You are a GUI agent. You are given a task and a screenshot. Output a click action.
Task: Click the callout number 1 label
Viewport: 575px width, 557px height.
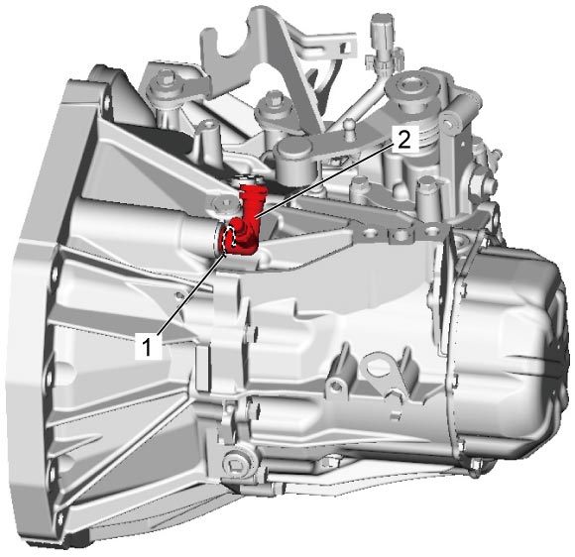click(148, 346)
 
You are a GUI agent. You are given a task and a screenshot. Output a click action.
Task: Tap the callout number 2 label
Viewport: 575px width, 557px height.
click(404, 139)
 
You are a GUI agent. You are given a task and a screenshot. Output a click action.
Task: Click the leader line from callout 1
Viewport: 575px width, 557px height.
click(191, 293)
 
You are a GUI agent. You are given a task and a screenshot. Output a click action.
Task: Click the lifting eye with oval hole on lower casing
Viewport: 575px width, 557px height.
click(381, 370)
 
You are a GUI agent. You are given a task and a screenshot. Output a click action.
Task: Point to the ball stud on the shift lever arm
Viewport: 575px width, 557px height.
click(349, 127)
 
